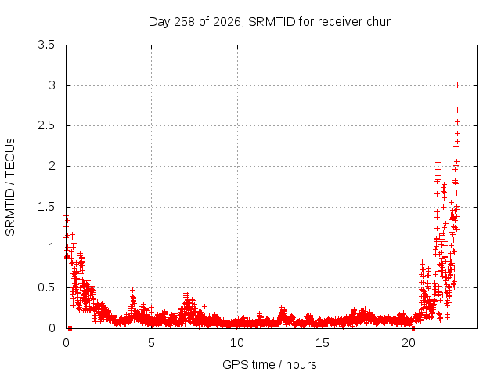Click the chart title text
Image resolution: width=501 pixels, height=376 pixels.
tap(269, 22)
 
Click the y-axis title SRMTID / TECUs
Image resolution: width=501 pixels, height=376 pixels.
tap(10, 187)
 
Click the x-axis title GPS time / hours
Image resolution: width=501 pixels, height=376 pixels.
tap(269, 364)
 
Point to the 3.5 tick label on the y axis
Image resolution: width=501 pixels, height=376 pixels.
tap(46, 45)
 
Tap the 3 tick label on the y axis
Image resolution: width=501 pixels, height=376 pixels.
tap(52, 85)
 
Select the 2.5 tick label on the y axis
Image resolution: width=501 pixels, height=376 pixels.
tap(46, 125)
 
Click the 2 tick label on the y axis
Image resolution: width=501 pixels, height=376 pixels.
tap(52, 166)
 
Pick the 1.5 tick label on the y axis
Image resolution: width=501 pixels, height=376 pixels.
tap(46, 207)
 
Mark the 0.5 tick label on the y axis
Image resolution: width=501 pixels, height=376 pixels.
tap(46, 287)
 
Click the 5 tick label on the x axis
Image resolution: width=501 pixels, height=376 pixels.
tap(151, 343)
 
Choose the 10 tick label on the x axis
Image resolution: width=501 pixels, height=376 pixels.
tap(236, 343)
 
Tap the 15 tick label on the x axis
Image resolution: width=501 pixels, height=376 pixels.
tap(323, 343)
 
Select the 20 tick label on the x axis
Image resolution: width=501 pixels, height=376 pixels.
tap(409, 343)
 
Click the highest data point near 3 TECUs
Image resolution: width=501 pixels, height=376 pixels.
tap(457, 85)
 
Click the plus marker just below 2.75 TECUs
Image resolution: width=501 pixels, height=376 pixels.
tap(457, 110)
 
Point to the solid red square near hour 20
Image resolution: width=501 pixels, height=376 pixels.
tap(413, 328)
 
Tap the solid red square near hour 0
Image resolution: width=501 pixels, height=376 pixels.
tap(70, 328)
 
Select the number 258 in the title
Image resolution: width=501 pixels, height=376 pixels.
tap(185, 22)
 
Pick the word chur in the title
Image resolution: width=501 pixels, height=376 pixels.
tap(379, 22)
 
